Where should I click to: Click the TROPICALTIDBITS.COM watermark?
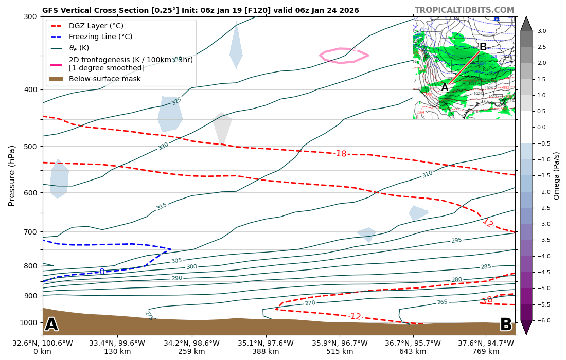click(x=464, y=10)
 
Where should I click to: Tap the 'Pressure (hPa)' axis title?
click(x=12, y=175)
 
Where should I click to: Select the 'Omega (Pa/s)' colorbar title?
click(x=557, y=175)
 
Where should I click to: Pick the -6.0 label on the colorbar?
click(x=542, y=320)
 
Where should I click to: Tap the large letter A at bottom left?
click(x=51, y=325)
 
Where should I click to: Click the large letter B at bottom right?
click(x=506, y=325)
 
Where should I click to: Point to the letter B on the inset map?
click(x=483, y=47)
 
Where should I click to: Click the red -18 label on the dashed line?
click(x=340, y=154)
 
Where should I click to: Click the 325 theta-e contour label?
click(x=176, y=101)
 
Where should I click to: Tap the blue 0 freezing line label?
click(x=102, y=272)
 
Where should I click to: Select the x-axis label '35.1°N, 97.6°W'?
click(x=266, y=343)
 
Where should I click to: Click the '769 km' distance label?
click(x=486, y=352)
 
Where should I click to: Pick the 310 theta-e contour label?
click(x=427, y=174)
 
